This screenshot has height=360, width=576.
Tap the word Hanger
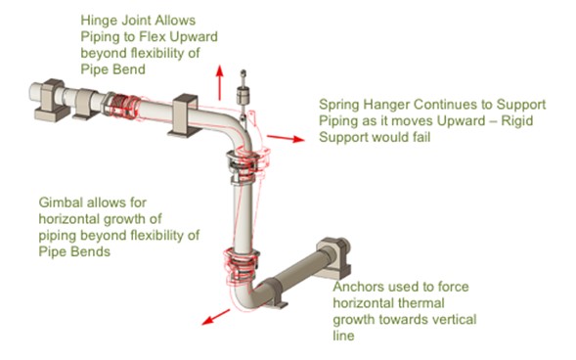click(x=392, y=104)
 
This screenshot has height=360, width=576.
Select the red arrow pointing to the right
click(x=284, y=139)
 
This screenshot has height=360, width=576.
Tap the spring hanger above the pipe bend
click(x=244, y=96)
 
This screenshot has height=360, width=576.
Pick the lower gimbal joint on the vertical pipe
click(x=242, y=261)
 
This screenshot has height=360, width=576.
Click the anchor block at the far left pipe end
click(x=52, y=102)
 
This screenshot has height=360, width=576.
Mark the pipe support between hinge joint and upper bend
click(x=187, y=112)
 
